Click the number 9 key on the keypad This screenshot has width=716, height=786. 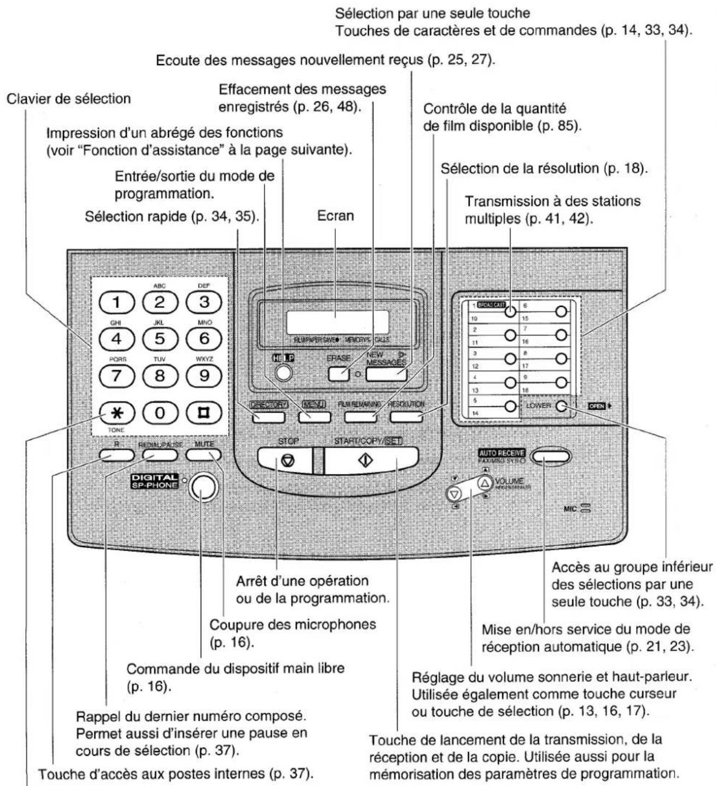tap(203, 376)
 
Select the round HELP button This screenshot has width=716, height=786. tap(283, 372)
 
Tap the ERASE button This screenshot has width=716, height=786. tap(339, 374)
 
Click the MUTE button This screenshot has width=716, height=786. tap(203, 455)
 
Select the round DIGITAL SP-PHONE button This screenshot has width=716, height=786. tap(202, 486)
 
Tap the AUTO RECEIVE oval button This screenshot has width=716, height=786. tap(549, 456)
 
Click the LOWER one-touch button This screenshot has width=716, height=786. tap(560, 406)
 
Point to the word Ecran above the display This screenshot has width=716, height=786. tap(335, 216)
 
